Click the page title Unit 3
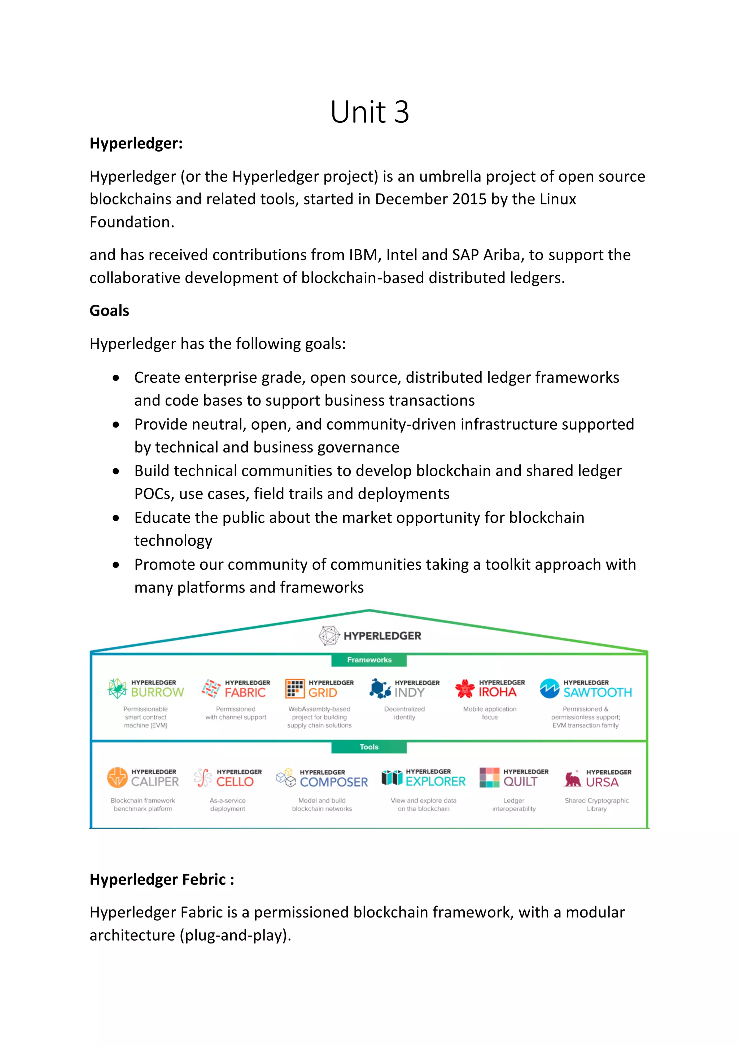pyautogui.click(x=369, y=112)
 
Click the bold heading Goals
pyautogui.click(x=109, y=311)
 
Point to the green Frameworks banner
pyautogui.click(x=369, y=660)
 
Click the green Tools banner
pyautogui.click(x=369, y=747)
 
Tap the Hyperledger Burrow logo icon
pyautogui.click(x=117, y=689)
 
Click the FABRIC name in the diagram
pyautogui.click(x=245, y=693)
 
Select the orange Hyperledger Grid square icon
pyautogui.click(x=294, y=689)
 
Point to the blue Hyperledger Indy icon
pyautogui.click(x=380, y=689)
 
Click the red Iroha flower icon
pyautogui.click(x=464, y=689)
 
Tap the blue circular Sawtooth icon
pyautogui.click(x=549, y=689)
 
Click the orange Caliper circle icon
pyautogui.click(x=117, y=777)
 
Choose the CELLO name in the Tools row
pyautogui.click(x=235, y=782)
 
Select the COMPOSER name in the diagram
pyautogui.click(x=334, y=782)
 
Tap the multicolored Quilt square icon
pyautogui.click(x=490, y=777)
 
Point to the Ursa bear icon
pyautogui.click(x=572, y=779)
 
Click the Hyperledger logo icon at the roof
pyautogui.click(x=329, y=635)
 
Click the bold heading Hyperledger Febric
pyautogui.click(x=162, y=879)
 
